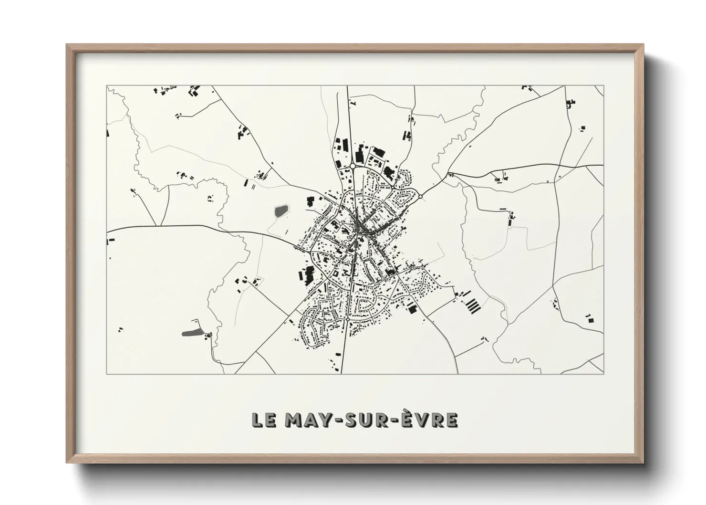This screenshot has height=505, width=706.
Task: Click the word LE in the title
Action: [263, 420]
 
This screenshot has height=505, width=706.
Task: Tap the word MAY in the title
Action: [305, 420]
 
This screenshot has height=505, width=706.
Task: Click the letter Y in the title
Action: [326, 420]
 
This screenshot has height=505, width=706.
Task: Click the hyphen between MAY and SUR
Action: [339, 421]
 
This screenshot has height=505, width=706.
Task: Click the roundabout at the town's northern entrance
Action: [353, 166]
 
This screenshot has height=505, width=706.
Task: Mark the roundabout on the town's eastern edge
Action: [420, 196]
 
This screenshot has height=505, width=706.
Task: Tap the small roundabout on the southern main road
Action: [349, 318]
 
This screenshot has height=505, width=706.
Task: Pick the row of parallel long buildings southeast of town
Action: [471, 305]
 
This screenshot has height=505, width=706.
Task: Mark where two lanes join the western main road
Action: [158, 225]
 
